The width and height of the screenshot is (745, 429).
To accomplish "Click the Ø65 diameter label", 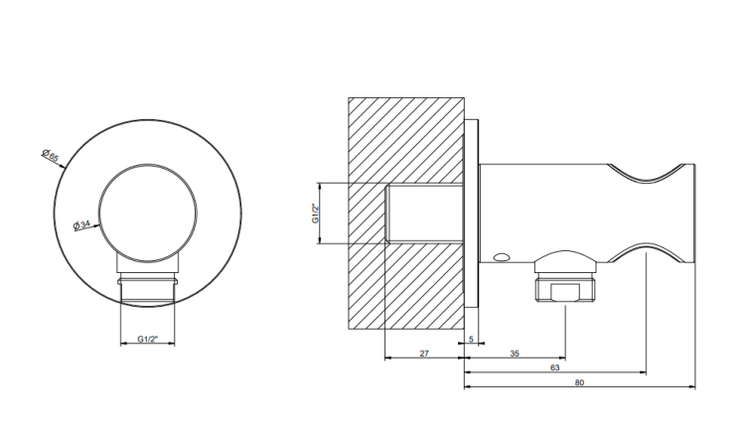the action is pos(50,155).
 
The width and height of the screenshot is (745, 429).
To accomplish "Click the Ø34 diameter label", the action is pos(81,224).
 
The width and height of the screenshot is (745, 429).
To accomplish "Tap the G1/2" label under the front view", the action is pos(147,339).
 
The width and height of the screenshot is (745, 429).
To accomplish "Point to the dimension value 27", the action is pos(424,353).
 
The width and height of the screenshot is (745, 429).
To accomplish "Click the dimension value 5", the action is pos(471,339).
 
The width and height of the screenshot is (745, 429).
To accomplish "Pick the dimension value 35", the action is pos(515,353).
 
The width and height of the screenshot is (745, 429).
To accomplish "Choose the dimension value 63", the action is pos(554,367).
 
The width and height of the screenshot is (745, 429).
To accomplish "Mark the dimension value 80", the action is pos(579,382).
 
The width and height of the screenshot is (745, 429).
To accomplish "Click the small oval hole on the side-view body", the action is pos(501,257).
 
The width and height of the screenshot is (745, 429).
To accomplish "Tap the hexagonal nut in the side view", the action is pos(565,287).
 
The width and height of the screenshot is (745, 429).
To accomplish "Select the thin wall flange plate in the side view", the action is pos(471,214).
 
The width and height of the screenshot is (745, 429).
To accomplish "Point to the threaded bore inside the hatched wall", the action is pos(424,214).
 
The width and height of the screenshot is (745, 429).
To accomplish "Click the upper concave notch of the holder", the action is pos(647,174).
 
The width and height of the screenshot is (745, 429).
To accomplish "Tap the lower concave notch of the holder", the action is pos(647,253).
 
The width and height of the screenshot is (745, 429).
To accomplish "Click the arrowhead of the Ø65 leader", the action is pos(63,166).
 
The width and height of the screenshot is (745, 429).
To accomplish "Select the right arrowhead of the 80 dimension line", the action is pos(691,387).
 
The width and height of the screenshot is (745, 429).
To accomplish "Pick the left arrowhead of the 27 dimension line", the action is pos(387,357).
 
